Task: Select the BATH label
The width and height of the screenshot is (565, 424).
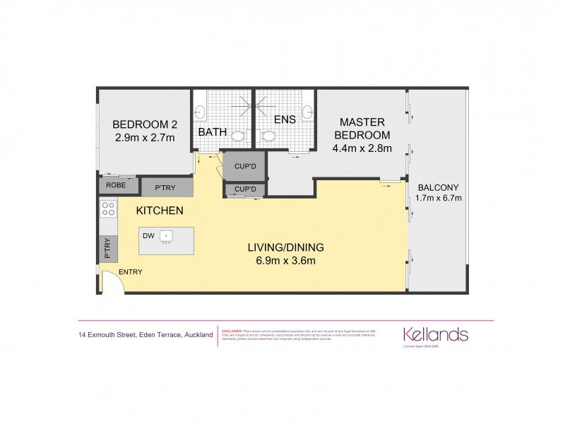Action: (x=211, y=132)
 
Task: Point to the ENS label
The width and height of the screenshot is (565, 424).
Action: (x=285, y=119)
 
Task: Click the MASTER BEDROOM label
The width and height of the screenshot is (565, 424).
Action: (x=362, y=128)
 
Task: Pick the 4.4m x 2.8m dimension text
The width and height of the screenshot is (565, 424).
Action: (x=362, y=148)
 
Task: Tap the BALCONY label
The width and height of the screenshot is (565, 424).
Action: (x=439, y=187)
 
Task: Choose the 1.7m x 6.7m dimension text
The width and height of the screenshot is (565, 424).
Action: (x=439, y=198)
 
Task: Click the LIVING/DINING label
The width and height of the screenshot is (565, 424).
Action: (x=285, y=247)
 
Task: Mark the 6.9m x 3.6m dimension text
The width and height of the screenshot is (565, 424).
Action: (x=285, y=260)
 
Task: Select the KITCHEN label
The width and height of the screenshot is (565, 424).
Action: (x=160, y=211)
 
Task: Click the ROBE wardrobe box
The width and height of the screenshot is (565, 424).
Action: (x=115, y=185)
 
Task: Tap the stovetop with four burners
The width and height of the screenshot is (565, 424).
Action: (x=109, y=208)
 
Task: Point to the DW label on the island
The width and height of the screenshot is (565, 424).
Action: (x=148, y=236)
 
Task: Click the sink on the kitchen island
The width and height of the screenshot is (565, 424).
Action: (x=167, y=236)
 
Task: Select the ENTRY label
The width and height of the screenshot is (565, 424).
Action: (x=130, y=272)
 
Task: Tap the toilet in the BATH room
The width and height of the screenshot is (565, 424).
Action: (x=239, y=136)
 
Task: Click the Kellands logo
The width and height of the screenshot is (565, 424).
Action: (x=435, y=334)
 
